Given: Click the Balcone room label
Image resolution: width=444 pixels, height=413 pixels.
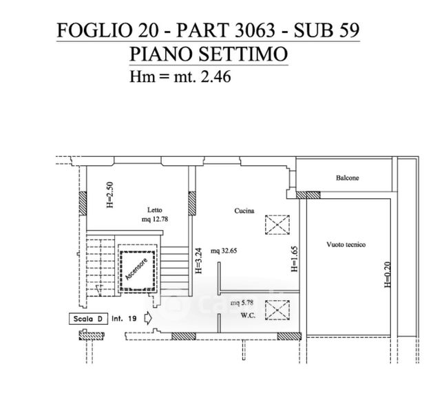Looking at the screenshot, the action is pos(348,178).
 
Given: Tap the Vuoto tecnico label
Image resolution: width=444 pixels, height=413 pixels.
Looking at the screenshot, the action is pos(346,244).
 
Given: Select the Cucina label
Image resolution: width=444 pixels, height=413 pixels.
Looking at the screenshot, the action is pos(244,211).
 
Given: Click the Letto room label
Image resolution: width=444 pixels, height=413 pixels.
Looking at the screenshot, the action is pos(155,210).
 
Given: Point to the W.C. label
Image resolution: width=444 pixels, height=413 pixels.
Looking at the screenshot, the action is pos(248,315).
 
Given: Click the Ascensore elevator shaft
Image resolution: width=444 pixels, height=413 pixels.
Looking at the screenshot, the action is pos(138,271).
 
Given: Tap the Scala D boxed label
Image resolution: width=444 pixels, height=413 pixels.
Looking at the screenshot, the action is pos(88,319).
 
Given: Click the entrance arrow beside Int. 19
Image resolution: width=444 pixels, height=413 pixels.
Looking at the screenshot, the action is pos(148,318).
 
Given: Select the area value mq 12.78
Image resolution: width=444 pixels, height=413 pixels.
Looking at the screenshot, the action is pos(155,219).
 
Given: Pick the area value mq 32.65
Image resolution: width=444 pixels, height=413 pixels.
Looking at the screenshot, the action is pos(224,251).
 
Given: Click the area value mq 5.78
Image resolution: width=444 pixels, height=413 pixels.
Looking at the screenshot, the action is pos(242,303).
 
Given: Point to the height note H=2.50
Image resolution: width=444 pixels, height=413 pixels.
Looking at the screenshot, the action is pos(110,195).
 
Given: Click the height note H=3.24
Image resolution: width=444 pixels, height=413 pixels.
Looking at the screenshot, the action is pos(199,261).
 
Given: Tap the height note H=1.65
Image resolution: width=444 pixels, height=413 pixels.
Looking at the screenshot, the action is pos(295,259).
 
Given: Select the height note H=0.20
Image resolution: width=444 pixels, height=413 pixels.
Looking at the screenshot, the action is pos(388,275).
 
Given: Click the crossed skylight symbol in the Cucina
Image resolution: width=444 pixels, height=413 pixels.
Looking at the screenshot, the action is pos(277,225).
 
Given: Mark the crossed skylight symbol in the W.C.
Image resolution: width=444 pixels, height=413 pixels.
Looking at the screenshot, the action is pos(277,310).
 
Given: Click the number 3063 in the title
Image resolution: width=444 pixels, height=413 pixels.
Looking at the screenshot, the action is pos(255,30).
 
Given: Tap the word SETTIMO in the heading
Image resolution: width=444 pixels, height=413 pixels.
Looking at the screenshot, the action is pos(243,54).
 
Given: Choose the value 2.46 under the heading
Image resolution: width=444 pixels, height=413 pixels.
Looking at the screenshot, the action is pos(215,76).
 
